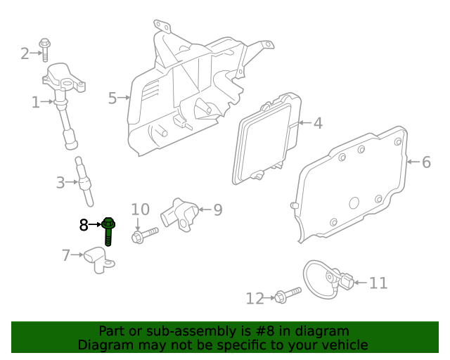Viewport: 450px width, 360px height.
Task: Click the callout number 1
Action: coord(37,103)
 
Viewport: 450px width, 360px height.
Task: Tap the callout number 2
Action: coord(25,53)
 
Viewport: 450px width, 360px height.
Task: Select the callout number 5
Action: coord(112,98)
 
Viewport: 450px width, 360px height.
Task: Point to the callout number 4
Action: coord(318,124)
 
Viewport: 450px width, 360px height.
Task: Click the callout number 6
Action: coord(426,162)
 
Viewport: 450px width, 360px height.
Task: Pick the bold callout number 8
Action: coord(84,225)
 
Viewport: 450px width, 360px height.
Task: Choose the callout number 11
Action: coord(378,283)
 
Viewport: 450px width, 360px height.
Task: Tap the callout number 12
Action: coord(254,299)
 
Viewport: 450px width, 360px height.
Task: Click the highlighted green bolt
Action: coord(109,231)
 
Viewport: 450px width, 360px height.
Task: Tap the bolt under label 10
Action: coord(144,233)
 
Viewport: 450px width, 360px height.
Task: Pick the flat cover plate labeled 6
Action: coord(352,184)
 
